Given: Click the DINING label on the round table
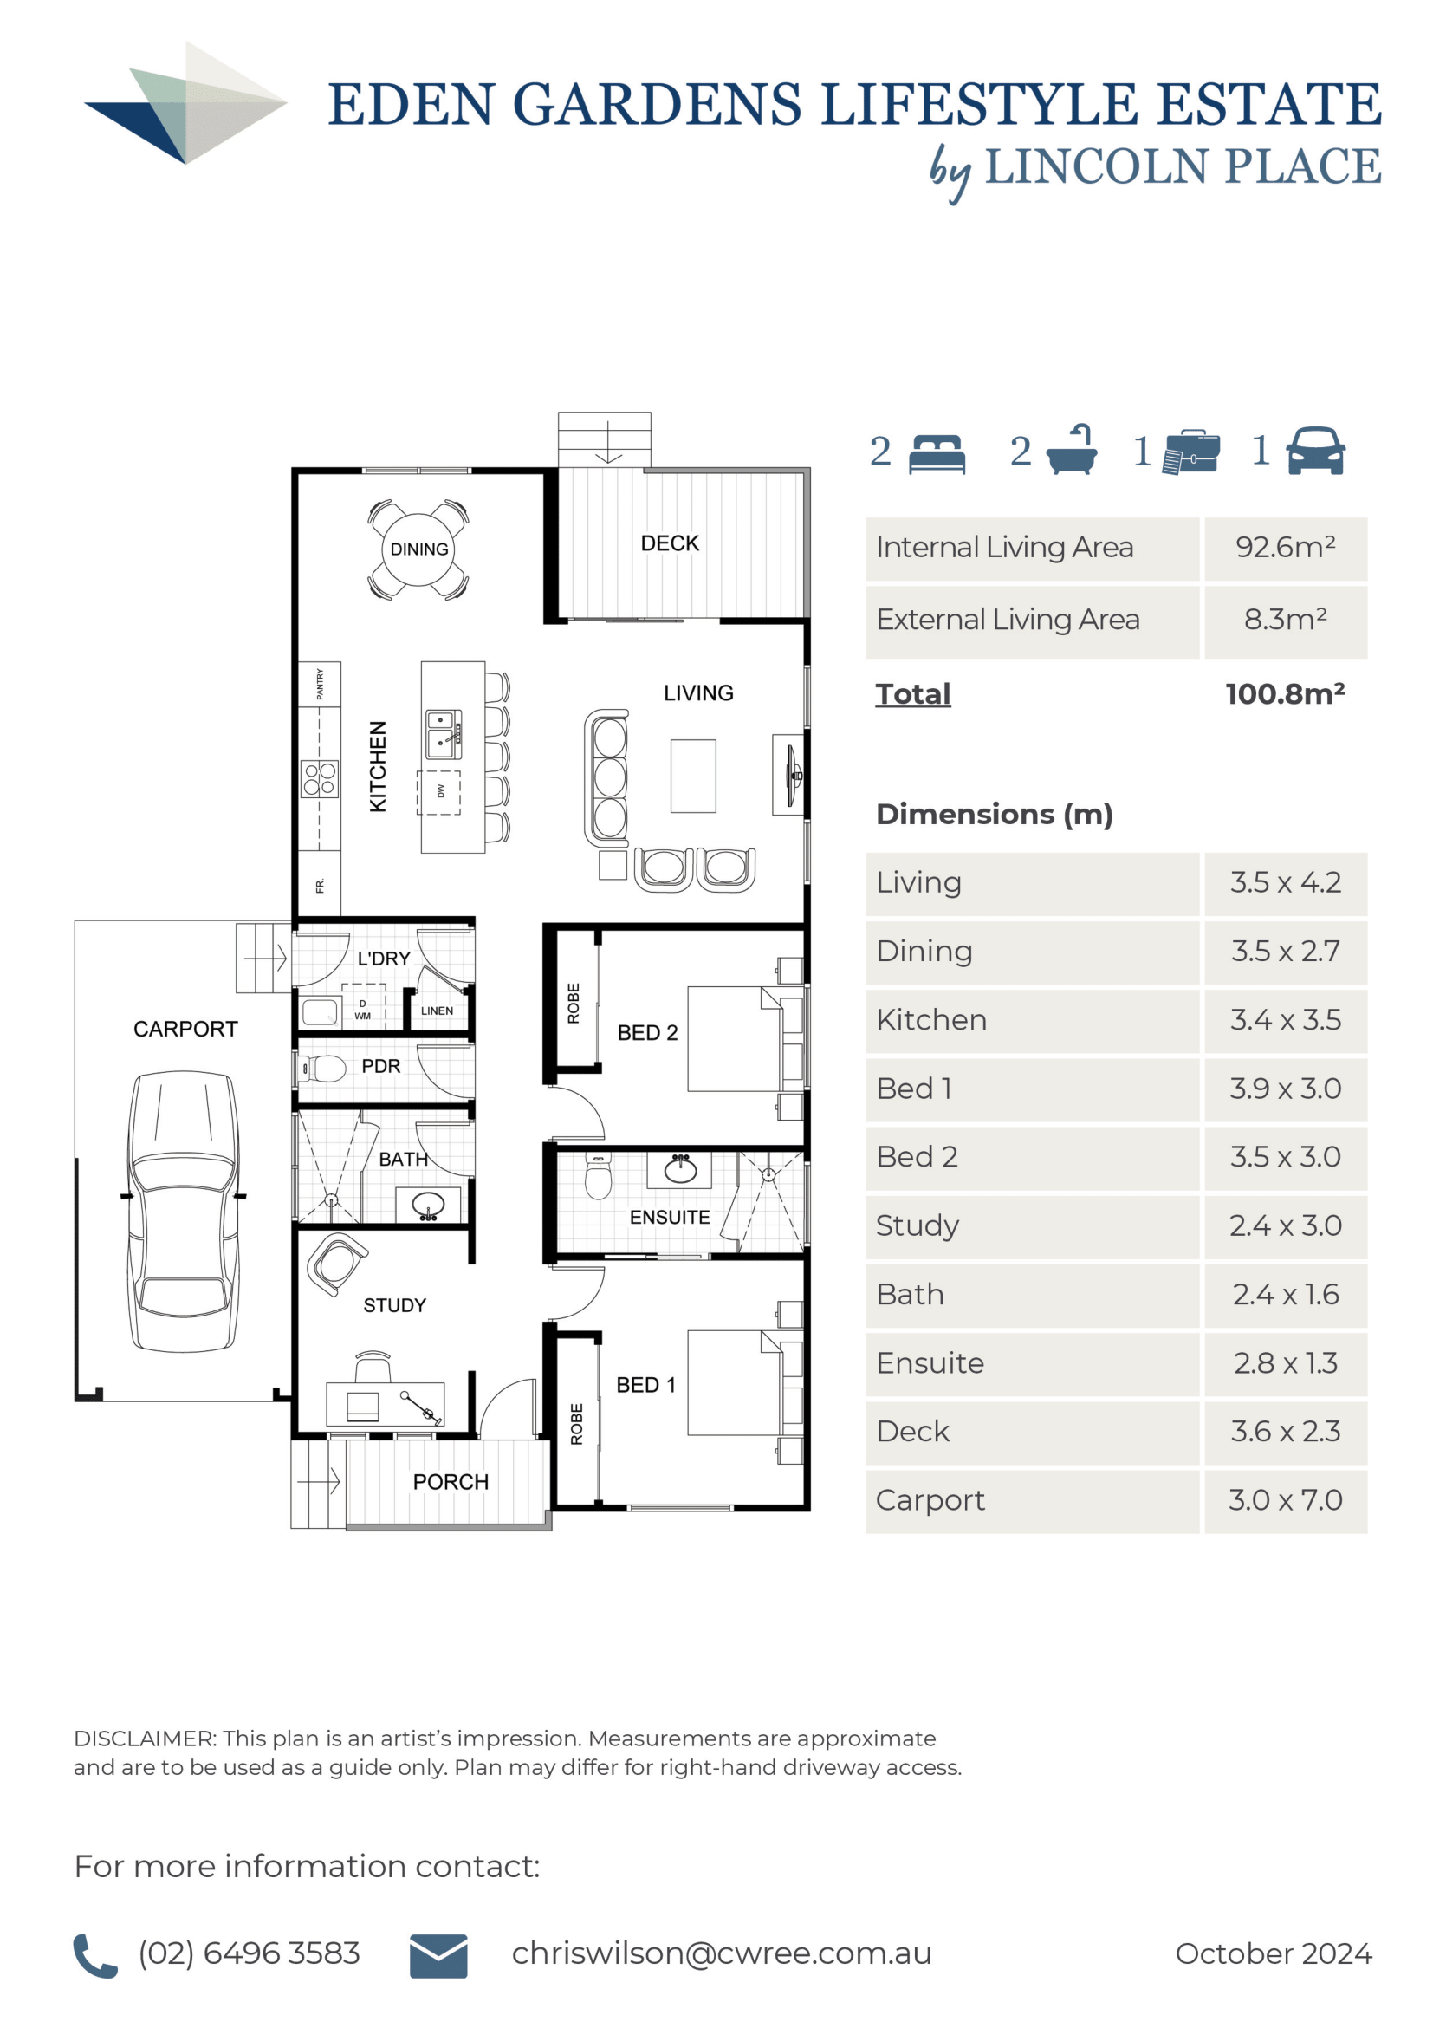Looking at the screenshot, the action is (x=418, y=549).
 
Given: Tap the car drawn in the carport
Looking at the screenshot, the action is (x=184, y=1211).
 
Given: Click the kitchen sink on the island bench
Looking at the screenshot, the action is (x=443, y=734).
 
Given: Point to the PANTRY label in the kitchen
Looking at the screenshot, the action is (x=320, y=684).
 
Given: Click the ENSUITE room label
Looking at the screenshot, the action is (x=669, y=1217).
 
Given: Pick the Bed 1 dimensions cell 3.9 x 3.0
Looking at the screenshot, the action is (x=1286, y=1089).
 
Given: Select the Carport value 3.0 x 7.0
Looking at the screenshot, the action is (x=1286, y=1500).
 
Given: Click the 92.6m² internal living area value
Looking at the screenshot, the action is (x=1286, y=547).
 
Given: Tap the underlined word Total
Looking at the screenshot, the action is (x=913, y=693).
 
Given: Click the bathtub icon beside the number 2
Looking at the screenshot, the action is (x=1071, y=450).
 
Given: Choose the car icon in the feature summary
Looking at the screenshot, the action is (x=1315, y=451).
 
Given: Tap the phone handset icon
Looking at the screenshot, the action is (x=94, y=1955).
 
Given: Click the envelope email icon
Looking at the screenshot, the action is (x=438, y=1955).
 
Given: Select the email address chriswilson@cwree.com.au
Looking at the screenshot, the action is (x=722, y=1953).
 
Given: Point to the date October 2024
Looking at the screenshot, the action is (x=1274, y=1953).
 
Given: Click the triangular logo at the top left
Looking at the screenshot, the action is (x=185, y=102).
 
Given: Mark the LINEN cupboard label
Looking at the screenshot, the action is (x=437, y=1011).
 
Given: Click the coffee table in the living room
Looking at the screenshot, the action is (x=693, y=776).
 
